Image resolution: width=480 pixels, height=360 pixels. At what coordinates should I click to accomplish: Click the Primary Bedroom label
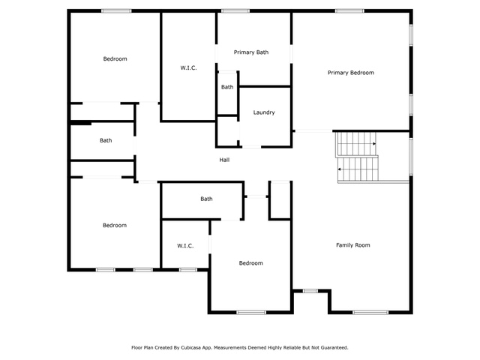click(351, 73)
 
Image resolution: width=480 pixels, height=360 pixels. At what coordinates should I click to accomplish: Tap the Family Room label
click(353, 245)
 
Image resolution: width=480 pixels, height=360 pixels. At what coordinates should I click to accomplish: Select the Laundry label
click(264, 112)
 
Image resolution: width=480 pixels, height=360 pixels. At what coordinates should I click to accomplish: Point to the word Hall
click(224, 160)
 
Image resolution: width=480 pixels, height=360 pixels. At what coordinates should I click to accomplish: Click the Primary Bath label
click(251, 52)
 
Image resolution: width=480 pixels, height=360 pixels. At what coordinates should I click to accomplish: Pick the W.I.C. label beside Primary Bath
click(188, 68)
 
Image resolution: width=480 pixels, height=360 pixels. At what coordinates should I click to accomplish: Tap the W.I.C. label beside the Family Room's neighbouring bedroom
click(185, 246)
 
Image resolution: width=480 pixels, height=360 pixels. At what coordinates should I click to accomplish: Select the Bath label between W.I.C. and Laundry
click(227, 87)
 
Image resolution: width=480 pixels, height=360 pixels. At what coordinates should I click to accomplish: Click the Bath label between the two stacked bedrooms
click(106, 140)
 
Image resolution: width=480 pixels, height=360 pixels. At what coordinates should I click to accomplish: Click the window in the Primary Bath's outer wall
click(235, 11)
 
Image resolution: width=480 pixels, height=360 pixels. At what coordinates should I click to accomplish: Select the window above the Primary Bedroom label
click(349, 11)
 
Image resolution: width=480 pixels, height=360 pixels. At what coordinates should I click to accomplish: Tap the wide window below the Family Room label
click(370, 313)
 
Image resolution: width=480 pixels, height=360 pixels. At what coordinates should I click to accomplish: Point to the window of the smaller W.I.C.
click(188, 270)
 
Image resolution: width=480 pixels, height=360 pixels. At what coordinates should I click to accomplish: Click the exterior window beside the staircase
click(411, 157)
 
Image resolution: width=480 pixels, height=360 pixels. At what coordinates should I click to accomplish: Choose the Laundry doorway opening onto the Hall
click(252, 147)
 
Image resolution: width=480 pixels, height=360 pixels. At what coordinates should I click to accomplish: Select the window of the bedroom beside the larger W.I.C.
click(117, 11)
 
